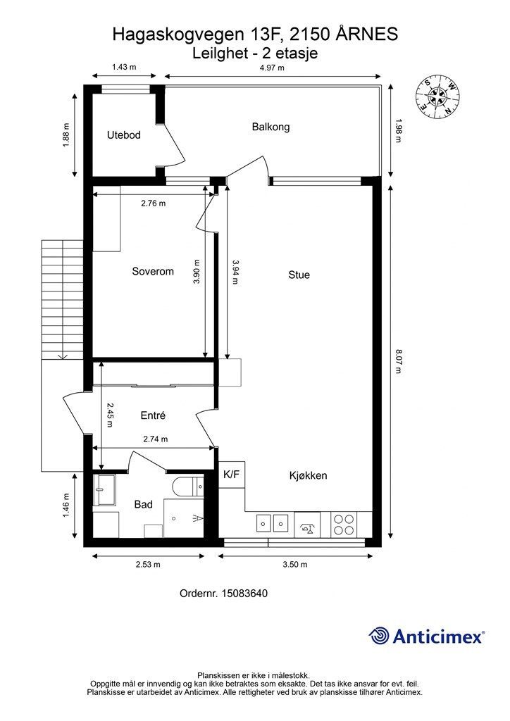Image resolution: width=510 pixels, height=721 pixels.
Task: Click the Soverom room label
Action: point(153,271)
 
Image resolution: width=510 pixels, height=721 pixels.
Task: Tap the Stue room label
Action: point(299,275)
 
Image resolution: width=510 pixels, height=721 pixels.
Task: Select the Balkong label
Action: point(270,127)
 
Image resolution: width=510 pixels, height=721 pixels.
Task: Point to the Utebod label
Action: point(124,135)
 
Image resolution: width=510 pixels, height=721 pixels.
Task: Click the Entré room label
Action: point(153,415)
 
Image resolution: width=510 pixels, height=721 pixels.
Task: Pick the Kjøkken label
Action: point(308,475)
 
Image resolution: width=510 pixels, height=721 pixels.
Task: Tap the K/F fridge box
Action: point(231,475)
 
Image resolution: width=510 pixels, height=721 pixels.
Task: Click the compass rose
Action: point(437,96)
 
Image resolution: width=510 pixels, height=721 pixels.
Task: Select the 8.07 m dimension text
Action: point(398,361)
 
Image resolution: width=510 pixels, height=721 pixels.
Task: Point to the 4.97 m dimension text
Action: point(272,68)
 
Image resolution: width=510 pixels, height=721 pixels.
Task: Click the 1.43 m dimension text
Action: point(124,67)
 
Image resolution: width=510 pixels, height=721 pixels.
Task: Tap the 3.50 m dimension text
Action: point(294,565)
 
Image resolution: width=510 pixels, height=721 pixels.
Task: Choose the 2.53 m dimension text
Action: point(148,565)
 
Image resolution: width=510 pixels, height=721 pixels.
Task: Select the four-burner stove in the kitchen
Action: point(344,525)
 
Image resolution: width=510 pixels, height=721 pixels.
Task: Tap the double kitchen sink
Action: point(272,523)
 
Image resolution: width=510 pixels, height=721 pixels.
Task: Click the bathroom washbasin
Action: point(104,490)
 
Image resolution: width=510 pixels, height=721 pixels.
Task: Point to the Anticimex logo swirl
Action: point(379,636)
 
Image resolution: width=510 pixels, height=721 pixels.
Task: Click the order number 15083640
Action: point(244,594)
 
